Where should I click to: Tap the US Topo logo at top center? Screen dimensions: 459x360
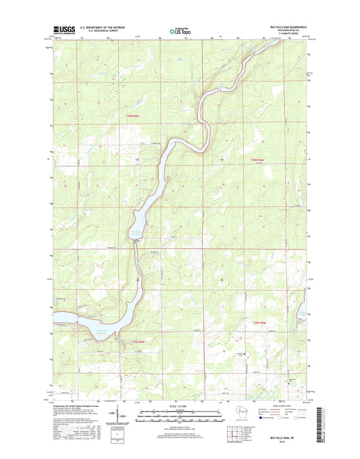click(x=180, y=30)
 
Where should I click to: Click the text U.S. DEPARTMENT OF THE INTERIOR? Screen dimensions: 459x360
click(x=101, y=28)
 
